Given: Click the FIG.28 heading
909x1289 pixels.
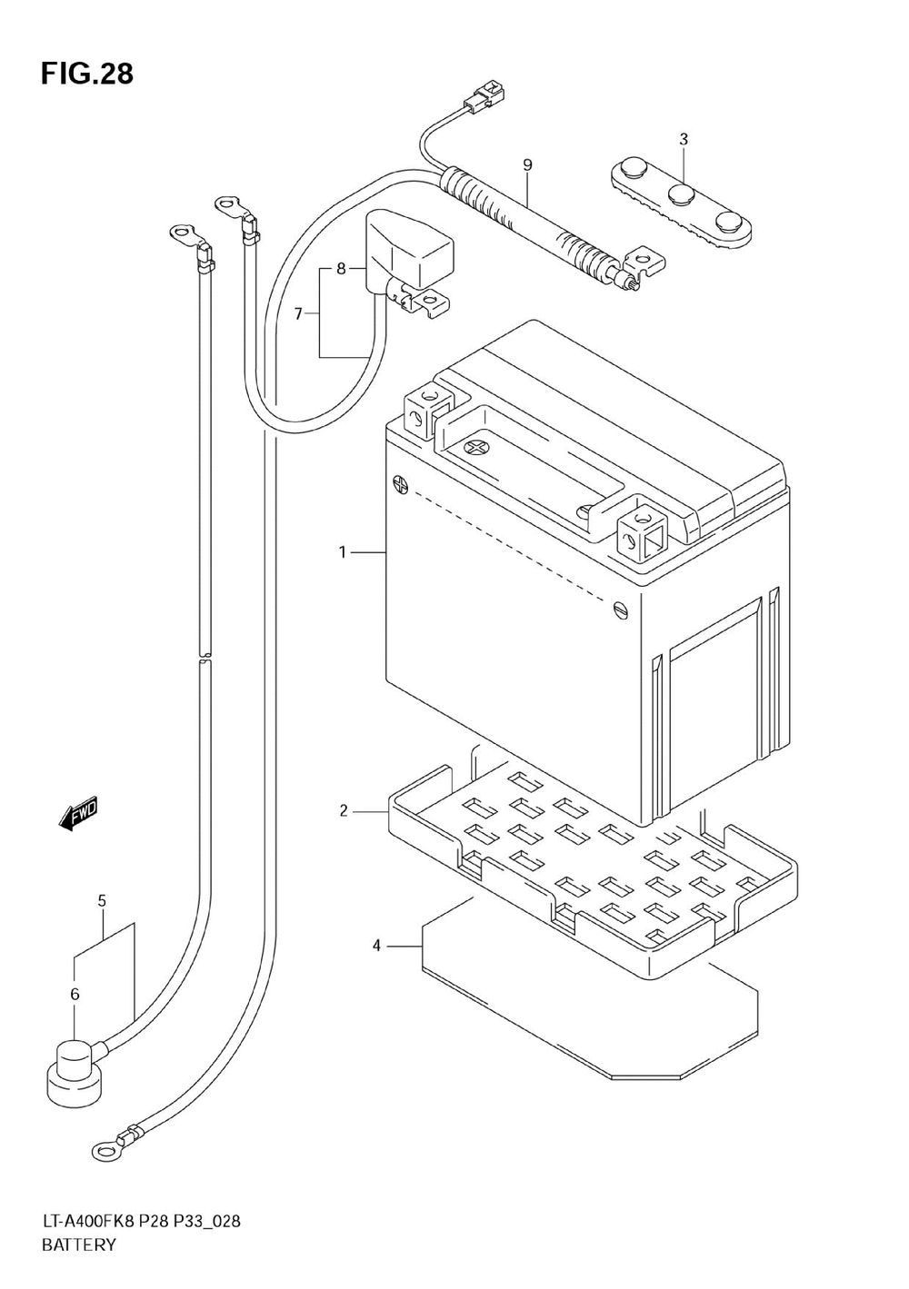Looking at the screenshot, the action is [87, 74].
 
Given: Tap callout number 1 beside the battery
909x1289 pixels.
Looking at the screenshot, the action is [343, 553].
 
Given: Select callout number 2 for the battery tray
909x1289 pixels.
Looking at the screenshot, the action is [344, 812].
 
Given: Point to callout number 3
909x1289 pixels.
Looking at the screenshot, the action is [684, 139].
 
